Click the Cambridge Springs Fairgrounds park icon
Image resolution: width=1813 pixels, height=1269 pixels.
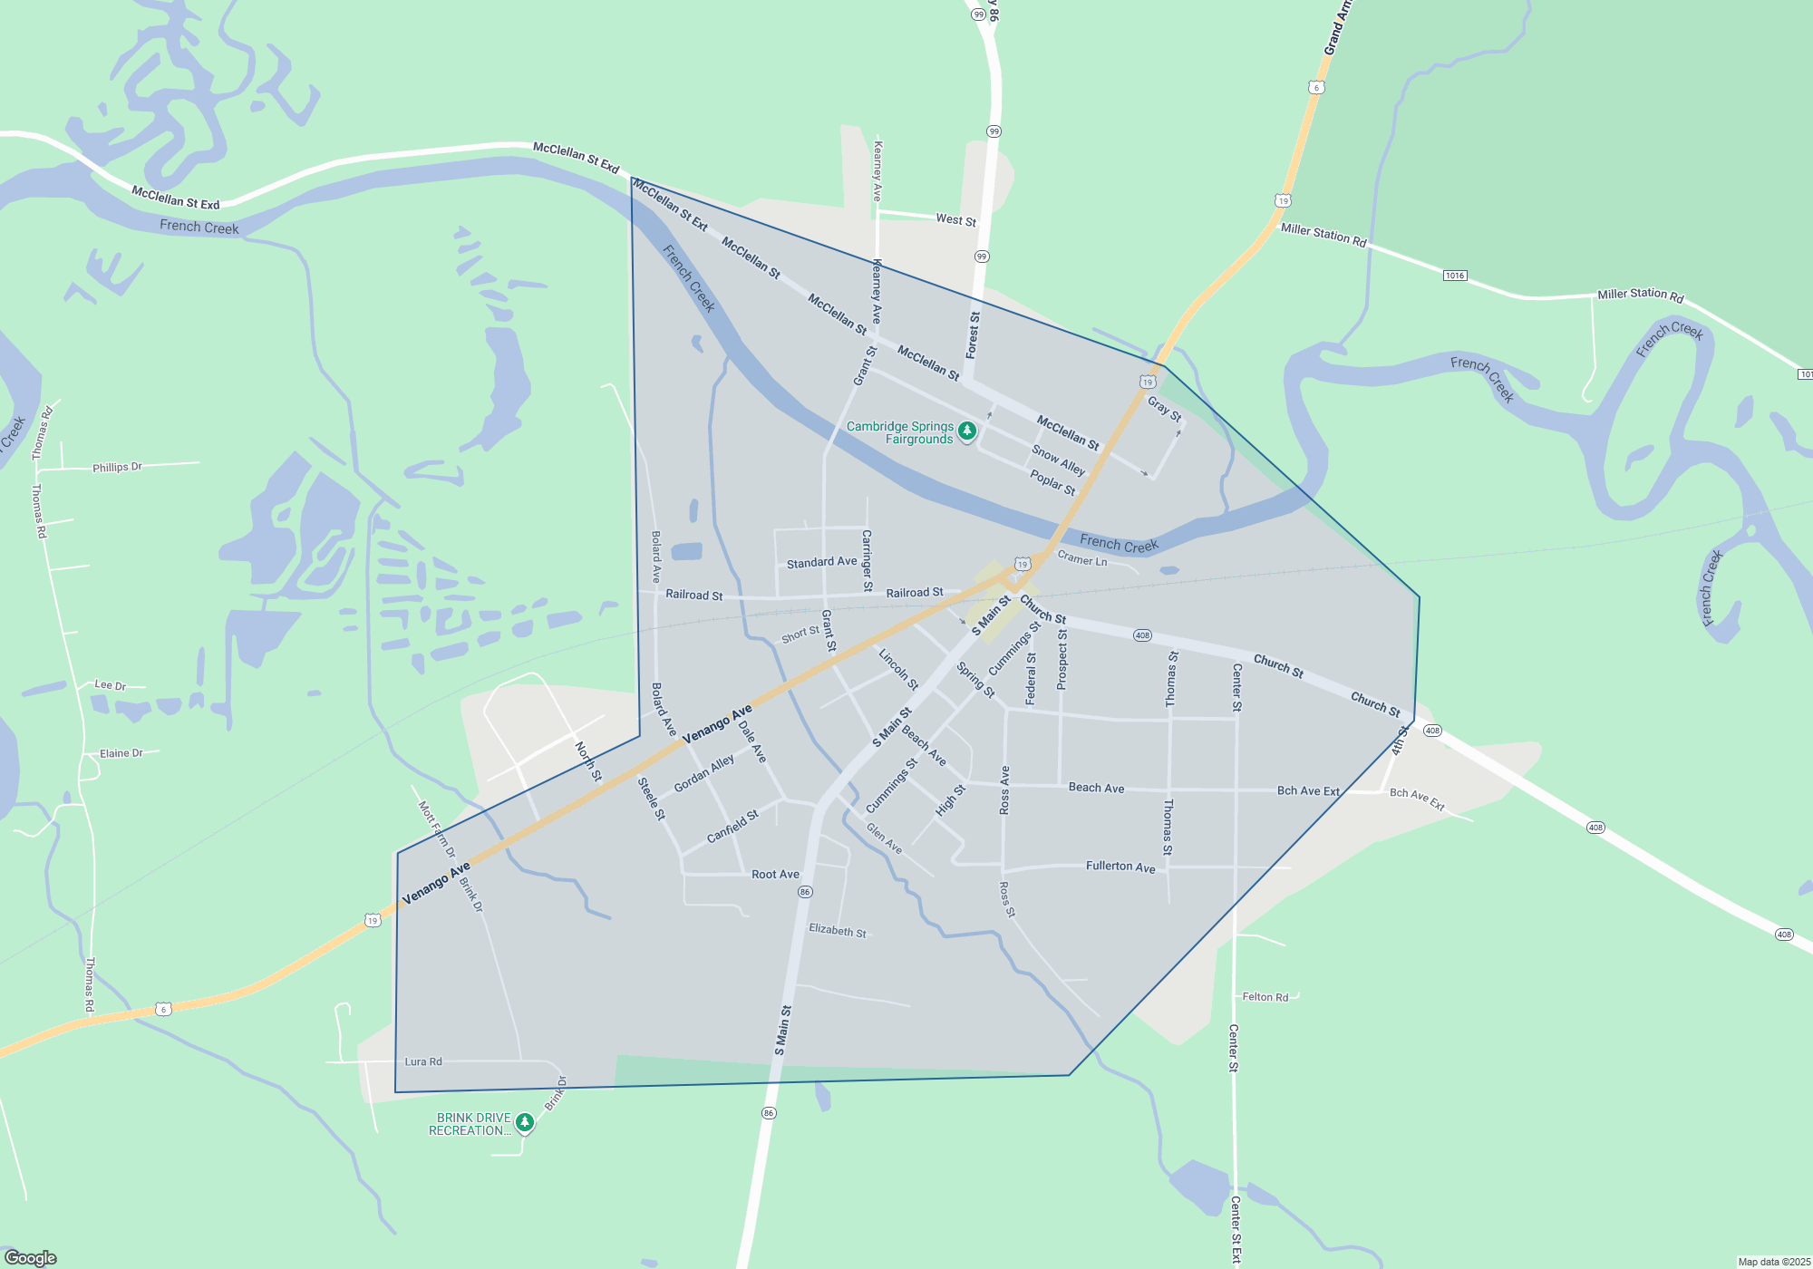click(967, 431)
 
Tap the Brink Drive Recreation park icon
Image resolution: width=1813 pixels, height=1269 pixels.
click(524, 1123)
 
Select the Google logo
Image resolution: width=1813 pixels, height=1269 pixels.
click(31, 1257)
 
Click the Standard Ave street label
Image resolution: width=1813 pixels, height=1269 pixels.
click(821, 563)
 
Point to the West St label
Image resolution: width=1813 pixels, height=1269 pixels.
click(955, 220)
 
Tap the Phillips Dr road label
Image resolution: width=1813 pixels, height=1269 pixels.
click(117, 468)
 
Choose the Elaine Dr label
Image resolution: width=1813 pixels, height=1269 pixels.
click(121, 753)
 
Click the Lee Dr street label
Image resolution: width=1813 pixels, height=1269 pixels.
click(110, 685)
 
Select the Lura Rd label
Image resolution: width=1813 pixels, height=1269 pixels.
click(423, 1061)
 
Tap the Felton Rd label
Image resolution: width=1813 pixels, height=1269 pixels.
click(1265, 997)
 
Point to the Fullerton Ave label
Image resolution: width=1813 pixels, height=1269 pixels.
click(1120, 867)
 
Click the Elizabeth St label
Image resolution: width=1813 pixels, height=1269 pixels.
click(837, 931)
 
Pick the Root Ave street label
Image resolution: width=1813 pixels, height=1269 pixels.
click(775, 875)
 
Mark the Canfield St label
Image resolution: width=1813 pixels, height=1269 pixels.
click(732, 827)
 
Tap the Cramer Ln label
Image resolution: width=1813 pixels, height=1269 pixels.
click(1081, 559)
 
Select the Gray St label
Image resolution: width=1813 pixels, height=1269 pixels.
click(1164, 410)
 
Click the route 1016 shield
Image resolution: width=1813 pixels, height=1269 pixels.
click(1454, 276)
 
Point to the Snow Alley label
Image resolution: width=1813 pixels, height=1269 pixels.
click(1058, 460)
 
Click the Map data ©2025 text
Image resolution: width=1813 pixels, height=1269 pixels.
click(1774, 1262)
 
